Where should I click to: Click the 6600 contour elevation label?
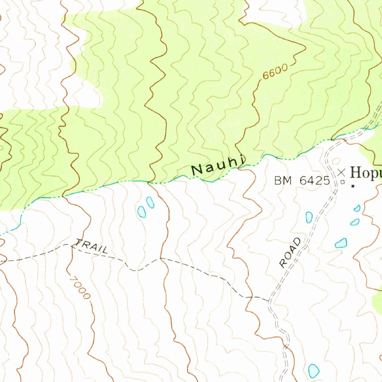(275, 72)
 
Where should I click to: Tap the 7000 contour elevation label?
(80, 286)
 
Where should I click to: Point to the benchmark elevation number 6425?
(314, 181)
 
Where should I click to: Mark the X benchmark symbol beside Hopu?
(341, 172)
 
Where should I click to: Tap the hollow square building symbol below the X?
(342, 182)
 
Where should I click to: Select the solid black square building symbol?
(353, 185)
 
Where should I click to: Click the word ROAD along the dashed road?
(290, 253)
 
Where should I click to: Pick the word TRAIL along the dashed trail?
(92, 247)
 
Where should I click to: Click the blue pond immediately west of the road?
(309, 217)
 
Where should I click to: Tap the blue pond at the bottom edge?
(314, 371)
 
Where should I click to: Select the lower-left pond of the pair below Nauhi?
(141, 212)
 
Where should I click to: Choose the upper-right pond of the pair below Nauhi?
(150, 202)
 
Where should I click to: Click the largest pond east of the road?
(341, 243)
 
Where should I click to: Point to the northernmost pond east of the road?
(357, 208)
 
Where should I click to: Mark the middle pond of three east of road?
(354, 222)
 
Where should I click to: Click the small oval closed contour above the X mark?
(336, 161)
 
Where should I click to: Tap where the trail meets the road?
(269, 300)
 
